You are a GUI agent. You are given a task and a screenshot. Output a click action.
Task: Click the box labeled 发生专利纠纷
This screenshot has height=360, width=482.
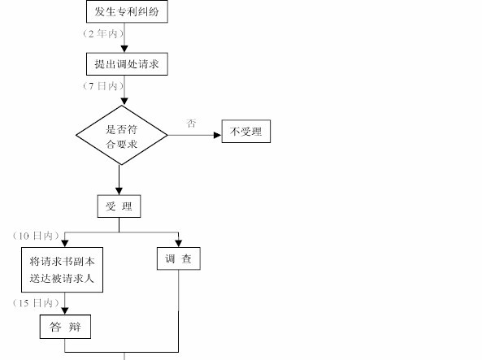pos(127,11)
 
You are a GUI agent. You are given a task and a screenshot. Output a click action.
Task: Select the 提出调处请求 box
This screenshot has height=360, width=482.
pos(127,64)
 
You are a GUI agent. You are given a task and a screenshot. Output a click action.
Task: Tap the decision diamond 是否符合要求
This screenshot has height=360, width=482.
pos(122,135)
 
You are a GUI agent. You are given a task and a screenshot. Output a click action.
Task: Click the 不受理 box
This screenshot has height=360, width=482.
pos(246,132)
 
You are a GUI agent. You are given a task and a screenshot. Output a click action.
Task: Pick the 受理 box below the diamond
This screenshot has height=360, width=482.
pos(119,206)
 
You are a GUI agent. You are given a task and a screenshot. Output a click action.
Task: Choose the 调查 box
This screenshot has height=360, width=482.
pos(179,258)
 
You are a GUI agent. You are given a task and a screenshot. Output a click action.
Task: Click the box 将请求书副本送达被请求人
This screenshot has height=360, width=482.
pos(62,270)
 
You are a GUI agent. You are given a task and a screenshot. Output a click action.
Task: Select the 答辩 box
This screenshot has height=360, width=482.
pos(65,327)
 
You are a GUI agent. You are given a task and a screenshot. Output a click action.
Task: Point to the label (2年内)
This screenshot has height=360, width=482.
pos(103,33)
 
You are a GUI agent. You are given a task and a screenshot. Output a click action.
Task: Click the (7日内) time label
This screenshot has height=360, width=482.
pos(103,86)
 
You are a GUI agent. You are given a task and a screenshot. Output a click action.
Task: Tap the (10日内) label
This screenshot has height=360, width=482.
pos(36,236)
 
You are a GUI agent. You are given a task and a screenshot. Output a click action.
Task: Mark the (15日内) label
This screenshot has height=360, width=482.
pos(36,303)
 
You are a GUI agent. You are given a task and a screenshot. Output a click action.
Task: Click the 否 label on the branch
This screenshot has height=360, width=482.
pos(191,124)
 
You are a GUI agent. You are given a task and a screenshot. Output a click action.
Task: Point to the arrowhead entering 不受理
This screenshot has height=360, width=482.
pos(218,135)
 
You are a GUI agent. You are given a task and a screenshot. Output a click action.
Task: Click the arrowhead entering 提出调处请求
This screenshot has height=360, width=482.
pos(124,50)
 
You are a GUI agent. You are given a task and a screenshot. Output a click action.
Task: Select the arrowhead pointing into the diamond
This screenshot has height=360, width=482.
pos(124,102)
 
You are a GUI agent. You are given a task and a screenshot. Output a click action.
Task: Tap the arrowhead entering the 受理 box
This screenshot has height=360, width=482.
pos(119,191)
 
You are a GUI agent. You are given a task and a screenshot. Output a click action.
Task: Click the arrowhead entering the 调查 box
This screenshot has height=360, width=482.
pos(179,244)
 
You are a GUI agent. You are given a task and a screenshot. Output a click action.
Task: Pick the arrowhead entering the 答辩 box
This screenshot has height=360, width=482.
pos(65,311)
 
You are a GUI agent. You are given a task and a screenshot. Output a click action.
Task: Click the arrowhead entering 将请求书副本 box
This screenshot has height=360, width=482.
pos(65,244)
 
